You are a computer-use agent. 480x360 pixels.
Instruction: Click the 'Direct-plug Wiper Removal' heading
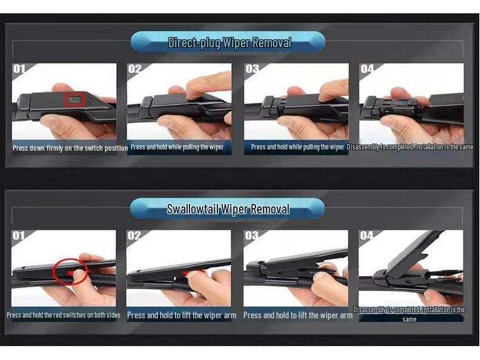[229, 42]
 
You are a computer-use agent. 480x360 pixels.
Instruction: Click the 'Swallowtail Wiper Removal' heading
[228, 209]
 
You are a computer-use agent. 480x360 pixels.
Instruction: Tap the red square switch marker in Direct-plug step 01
[74, 99]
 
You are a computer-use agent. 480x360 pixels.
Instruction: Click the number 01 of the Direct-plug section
[19, 68]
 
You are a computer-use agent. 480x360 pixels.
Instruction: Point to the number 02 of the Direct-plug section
[135, 68]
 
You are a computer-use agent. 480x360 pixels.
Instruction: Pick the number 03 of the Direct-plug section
[252, 68]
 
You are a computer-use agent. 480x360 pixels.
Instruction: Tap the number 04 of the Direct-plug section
[367, 68]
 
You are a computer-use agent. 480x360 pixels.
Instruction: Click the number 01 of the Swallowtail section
[18, 235]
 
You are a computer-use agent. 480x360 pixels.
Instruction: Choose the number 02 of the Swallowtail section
[134, 235]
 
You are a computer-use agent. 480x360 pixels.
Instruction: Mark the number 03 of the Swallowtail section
[251, 235]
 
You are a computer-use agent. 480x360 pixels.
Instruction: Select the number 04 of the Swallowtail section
[367, 235]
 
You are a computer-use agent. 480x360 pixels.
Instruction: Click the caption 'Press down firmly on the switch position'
[70, 148]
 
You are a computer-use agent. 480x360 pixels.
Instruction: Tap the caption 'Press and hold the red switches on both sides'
[64, 315]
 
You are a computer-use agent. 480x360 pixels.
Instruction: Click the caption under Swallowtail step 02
[182, 315]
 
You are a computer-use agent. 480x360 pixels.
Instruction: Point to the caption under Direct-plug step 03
[297, 147]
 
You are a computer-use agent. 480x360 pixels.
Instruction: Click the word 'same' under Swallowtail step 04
[409, 319]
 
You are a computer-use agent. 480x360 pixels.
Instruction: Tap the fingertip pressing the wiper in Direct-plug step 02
[196, 92]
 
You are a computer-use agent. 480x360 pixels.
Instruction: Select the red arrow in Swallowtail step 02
[187, 273]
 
